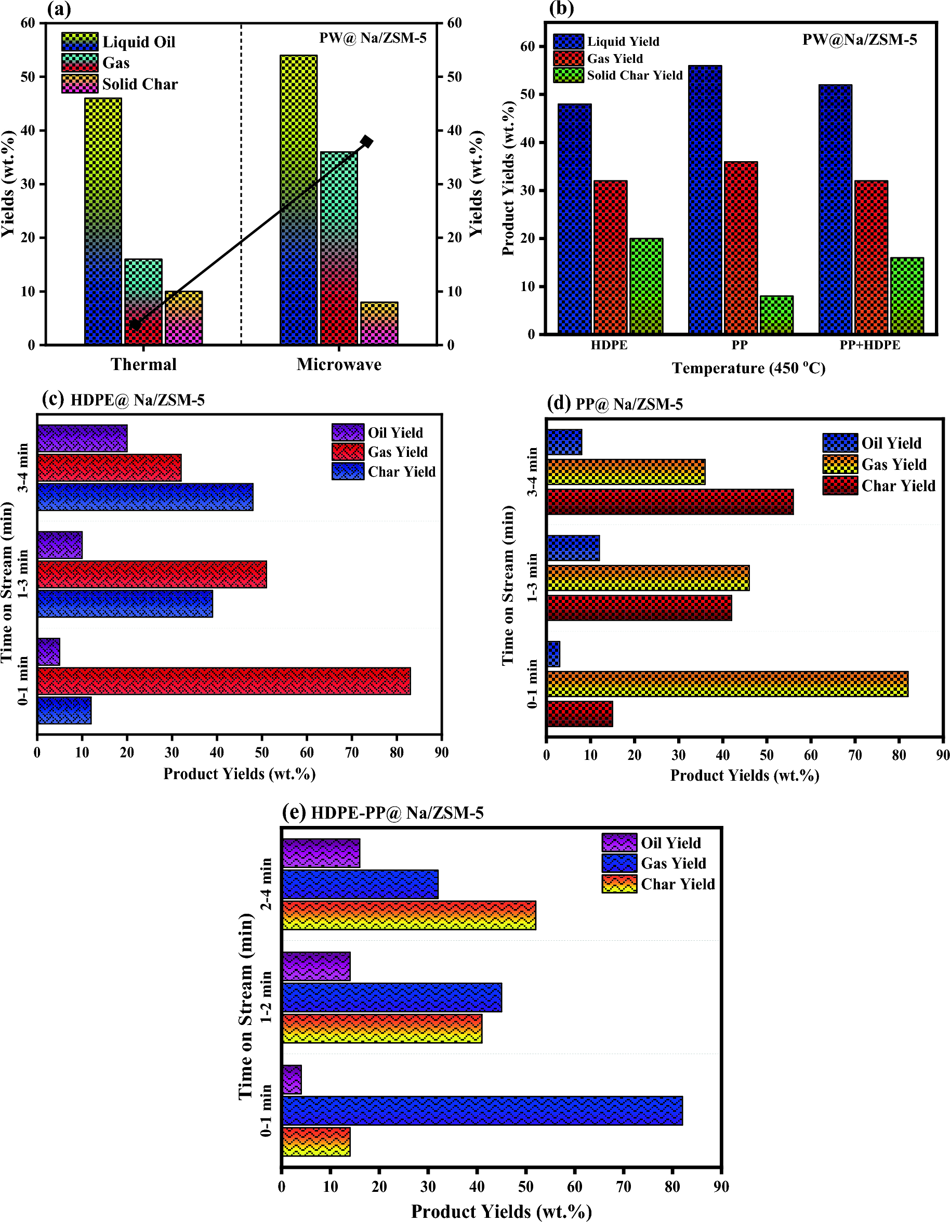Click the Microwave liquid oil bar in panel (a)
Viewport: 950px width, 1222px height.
[x=298, y=199]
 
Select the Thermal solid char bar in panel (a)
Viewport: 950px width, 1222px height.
[x=183, y=317]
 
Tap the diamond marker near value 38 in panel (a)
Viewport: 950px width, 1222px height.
[x=366, y=141]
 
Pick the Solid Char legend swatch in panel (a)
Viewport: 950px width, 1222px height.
[x=80, y=84]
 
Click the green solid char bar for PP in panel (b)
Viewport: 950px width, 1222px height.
[x=776, y=315]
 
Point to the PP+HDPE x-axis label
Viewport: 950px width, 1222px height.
[x=869, y=345]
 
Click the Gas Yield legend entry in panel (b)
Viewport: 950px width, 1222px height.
[x=614, y=59]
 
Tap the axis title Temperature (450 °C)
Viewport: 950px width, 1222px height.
[x=748, y=368]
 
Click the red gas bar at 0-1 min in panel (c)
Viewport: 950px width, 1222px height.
[x=224, y=681]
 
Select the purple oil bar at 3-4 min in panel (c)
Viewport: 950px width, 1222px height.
[x=82, y=439]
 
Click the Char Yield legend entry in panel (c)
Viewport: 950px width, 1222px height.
[x=401, y=471]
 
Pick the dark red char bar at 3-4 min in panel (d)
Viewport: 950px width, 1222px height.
[x=670, y=502]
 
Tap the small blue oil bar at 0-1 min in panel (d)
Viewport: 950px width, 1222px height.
[x=553, y=654]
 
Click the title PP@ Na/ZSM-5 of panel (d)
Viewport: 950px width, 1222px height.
[x=629, y=404]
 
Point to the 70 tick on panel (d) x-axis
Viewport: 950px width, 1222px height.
[x=854, y=755]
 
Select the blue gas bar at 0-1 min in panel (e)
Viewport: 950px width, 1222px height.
[x=482, y=1111]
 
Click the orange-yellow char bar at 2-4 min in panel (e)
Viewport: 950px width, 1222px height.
[x=408, y=915]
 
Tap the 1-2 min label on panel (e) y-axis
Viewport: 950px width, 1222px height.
[x=267, y=997]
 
